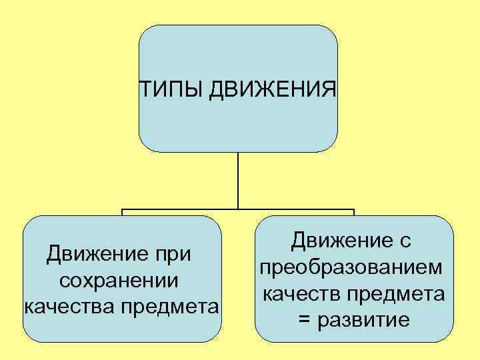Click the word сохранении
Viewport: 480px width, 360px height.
click(x=119, y=281)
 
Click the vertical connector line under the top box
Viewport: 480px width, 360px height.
click(x=237, y=180)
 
